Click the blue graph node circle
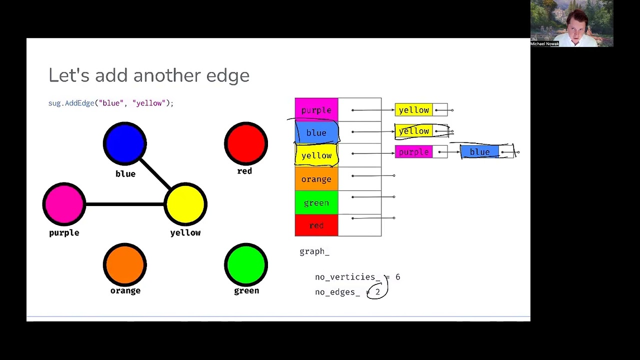[125, 143]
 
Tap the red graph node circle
[246, 143]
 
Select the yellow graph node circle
[185, 204]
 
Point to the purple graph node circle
[64, 204]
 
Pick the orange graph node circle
[125, 265]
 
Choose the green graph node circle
[246, 265]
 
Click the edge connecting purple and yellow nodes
[125, 204]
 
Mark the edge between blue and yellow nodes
[155, 173]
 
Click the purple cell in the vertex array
[316, 110]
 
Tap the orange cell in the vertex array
[316, 179]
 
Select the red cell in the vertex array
[316, 225]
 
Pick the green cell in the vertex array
[316, 202]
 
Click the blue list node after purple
[479, 152]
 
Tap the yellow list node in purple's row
[414, 110]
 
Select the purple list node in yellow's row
[413, 152]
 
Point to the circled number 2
[377, 292]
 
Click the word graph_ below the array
[314, 251]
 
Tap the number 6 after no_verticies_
[397, 277]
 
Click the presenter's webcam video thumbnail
[571, 23]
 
